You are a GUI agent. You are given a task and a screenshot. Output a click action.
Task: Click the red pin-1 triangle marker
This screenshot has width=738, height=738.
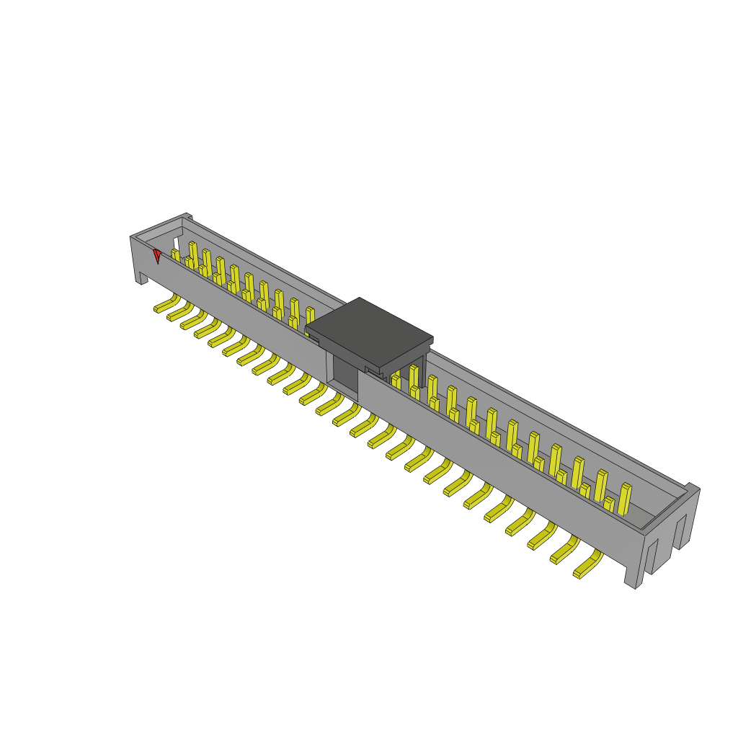click(156, 254)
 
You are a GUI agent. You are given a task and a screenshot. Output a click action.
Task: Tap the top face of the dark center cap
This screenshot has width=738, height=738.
click(368, 330)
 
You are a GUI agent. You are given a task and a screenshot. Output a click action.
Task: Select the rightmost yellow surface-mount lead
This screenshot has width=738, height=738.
click(587, 565)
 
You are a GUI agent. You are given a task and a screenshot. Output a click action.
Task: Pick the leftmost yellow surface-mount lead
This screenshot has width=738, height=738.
click(166, 304)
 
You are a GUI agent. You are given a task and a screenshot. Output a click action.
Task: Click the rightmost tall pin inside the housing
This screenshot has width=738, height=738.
click(624, 499)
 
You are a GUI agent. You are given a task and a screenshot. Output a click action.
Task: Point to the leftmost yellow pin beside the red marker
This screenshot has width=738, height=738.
click(175, 255)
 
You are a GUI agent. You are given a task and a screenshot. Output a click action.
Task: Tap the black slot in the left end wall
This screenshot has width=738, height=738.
click(177, 244)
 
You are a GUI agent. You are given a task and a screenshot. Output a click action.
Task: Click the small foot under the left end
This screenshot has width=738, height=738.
click(143, 278)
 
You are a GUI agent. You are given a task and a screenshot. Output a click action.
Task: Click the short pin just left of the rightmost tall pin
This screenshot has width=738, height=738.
click(609, 504)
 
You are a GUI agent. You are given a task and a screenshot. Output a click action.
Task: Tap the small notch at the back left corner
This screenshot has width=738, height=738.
click(188, 215)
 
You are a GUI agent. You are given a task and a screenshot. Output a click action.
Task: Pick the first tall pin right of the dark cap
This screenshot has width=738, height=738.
click(414, 376)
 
